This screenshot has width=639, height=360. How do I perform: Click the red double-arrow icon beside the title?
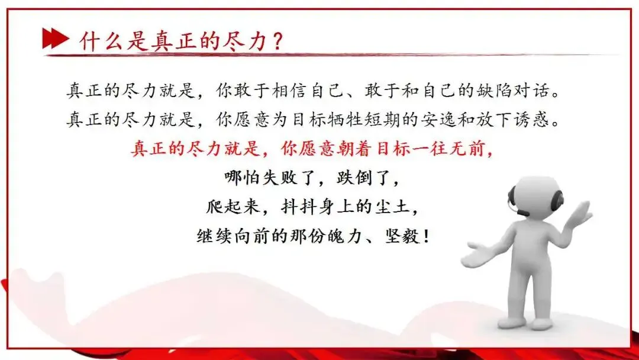point(55,39)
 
